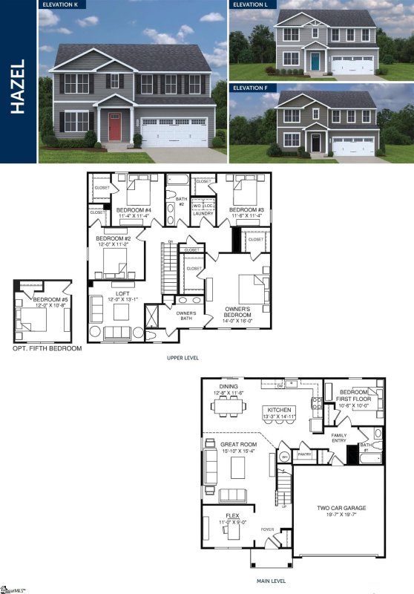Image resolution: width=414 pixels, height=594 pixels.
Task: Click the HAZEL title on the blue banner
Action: (19, 86)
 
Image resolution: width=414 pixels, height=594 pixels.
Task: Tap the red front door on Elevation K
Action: (115, 127)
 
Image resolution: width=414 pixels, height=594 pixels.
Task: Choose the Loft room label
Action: (114, 295)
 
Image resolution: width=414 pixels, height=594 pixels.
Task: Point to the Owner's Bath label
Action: (186, 316)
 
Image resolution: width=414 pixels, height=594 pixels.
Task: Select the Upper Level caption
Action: (183, 357)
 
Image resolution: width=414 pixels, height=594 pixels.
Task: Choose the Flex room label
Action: (227, 519)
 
